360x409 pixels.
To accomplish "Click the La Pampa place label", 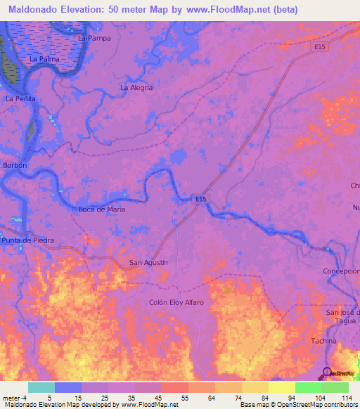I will pyautogui.click(x=94, y=37).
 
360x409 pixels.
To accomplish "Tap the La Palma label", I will pyautogui.click(x=44, y=60).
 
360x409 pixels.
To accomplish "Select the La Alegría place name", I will pyautogui.click(x=136, y=88).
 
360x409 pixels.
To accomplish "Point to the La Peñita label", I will pyautogui.click(x=20, y=99).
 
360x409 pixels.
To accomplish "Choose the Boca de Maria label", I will pyautogui.click(x=101, y=209).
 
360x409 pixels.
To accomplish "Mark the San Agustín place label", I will pyautogui.click(x=148, y=263).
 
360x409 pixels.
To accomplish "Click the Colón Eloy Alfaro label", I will pyautogui.click(x=176, y=302).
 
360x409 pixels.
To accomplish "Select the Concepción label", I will pyautogui.click(x=341, y=271).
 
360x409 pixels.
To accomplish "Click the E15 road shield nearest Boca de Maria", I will pyautogui.click(x=201, y=200).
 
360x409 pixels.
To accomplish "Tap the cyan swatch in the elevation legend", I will pyautogui.click(x=41, y=387).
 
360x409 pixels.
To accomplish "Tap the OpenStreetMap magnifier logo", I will pyautogui.click(x=328, y=373).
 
